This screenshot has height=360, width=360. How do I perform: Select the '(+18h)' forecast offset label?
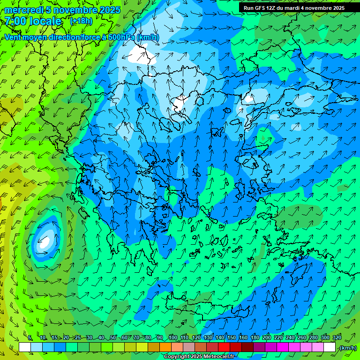point(81,21)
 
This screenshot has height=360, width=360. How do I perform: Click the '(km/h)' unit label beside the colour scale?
point(347,348)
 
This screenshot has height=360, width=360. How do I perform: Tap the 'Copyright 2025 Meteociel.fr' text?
point(199,357)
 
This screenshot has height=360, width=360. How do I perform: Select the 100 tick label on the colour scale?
point(172,337)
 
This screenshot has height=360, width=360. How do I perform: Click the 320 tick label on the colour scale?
point(337,337)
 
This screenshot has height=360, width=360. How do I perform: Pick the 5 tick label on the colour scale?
point(30,337)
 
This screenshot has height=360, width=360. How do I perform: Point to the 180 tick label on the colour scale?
point(255,337)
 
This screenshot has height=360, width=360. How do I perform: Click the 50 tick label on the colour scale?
point(113,337)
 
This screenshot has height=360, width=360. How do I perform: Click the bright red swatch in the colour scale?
point(224,347)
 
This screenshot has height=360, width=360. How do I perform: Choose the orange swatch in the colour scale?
point(165,347)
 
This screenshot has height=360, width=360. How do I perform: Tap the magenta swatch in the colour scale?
point(283,347)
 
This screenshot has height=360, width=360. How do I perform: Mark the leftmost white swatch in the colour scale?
point(25,347)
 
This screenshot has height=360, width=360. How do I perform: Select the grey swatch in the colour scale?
point(189,347)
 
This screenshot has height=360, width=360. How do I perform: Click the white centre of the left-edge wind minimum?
point(45,242)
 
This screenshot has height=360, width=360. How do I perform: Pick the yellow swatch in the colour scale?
point(142,347)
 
